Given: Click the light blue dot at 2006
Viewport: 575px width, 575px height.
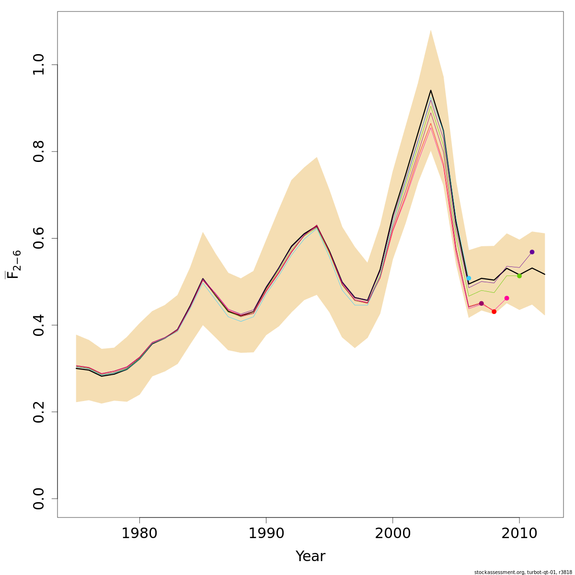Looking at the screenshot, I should [x=469, y=278].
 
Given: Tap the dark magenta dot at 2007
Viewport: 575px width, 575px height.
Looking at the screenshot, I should [x=482, y=303].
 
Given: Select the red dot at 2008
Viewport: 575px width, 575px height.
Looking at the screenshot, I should [x=494, y=311].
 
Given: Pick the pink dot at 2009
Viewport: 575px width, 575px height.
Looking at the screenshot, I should [x=506, y=298].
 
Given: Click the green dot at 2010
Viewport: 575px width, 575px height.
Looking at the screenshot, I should [x=519, y=276].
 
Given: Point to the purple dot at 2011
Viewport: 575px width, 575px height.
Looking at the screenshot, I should [x=532, y=252].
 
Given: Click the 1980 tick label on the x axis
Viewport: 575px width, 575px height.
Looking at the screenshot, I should [x=139, y=533].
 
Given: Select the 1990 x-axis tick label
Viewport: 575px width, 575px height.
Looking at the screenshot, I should [x=266, y=533].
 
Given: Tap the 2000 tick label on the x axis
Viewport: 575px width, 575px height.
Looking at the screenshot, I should [x=392, y=533].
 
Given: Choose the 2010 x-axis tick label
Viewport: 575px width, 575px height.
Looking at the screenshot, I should [x=519, y=533].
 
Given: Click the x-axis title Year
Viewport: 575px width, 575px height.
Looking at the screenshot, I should [x=310, y=556].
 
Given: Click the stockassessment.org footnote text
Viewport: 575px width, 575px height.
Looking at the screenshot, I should [x=523, y=572].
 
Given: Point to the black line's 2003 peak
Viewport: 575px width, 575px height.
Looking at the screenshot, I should [x=431, y=90].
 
